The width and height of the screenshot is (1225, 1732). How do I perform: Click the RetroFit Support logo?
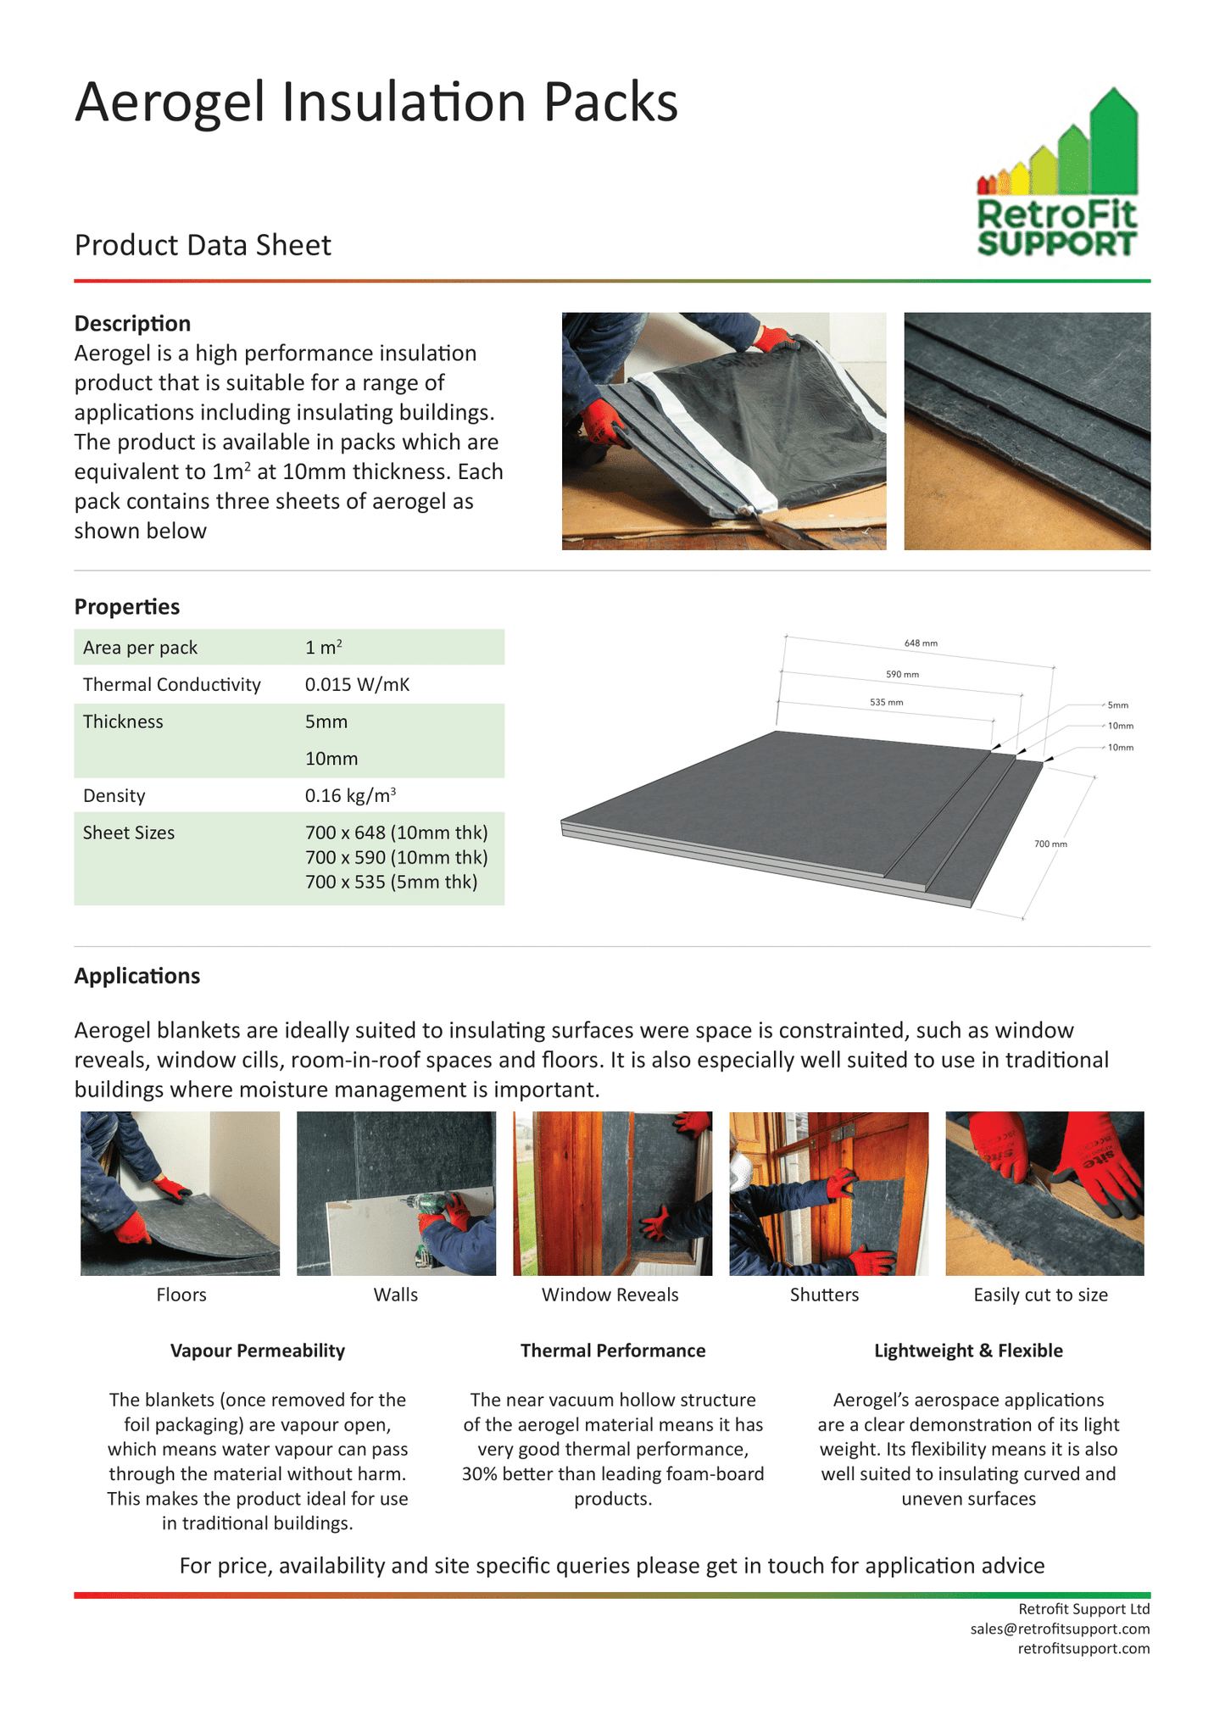pos(1056,173)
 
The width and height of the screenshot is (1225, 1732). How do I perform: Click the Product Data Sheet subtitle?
pos(203,245)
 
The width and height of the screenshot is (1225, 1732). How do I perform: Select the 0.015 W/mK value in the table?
pos(357,684)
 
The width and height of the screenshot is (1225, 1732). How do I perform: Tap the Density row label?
pos(114,795)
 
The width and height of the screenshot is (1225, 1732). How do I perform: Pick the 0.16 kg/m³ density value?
pos(350,795)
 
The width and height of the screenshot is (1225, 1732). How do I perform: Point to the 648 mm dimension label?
pos(921,643)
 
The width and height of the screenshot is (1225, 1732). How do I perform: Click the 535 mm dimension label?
pos(886,702)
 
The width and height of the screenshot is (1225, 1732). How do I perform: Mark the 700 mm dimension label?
pos(1050,844)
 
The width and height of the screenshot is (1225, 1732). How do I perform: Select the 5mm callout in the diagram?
pos(1118,704)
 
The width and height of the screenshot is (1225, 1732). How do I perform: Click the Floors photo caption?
pos(181,1295)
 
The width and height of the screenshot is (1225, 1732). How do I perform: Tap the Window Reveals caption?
pos(610,1295)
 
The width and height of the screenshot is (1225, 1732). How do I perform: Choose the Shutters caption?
pos(824,1295)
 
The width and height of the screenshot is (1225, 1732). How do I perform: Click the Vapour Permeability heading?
pos(258,1351)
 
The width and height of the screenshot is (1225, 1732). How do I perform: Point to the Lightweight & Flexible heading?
pos(968,1351)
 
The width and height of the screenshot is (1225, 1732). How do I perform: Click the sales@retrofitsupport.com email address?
pos(1060,1629)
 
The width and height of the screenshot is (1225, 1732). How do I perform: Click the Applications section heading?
pos(137,976)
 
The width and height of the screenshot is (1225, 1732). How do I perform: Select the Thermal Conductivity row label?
pos(171,684)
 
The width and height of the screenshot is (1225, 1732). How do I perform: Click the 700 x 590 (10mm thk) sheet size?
pos(396,857)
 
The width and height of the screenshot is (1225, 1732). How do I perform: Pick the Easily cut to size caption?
pos(1040,1295)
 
